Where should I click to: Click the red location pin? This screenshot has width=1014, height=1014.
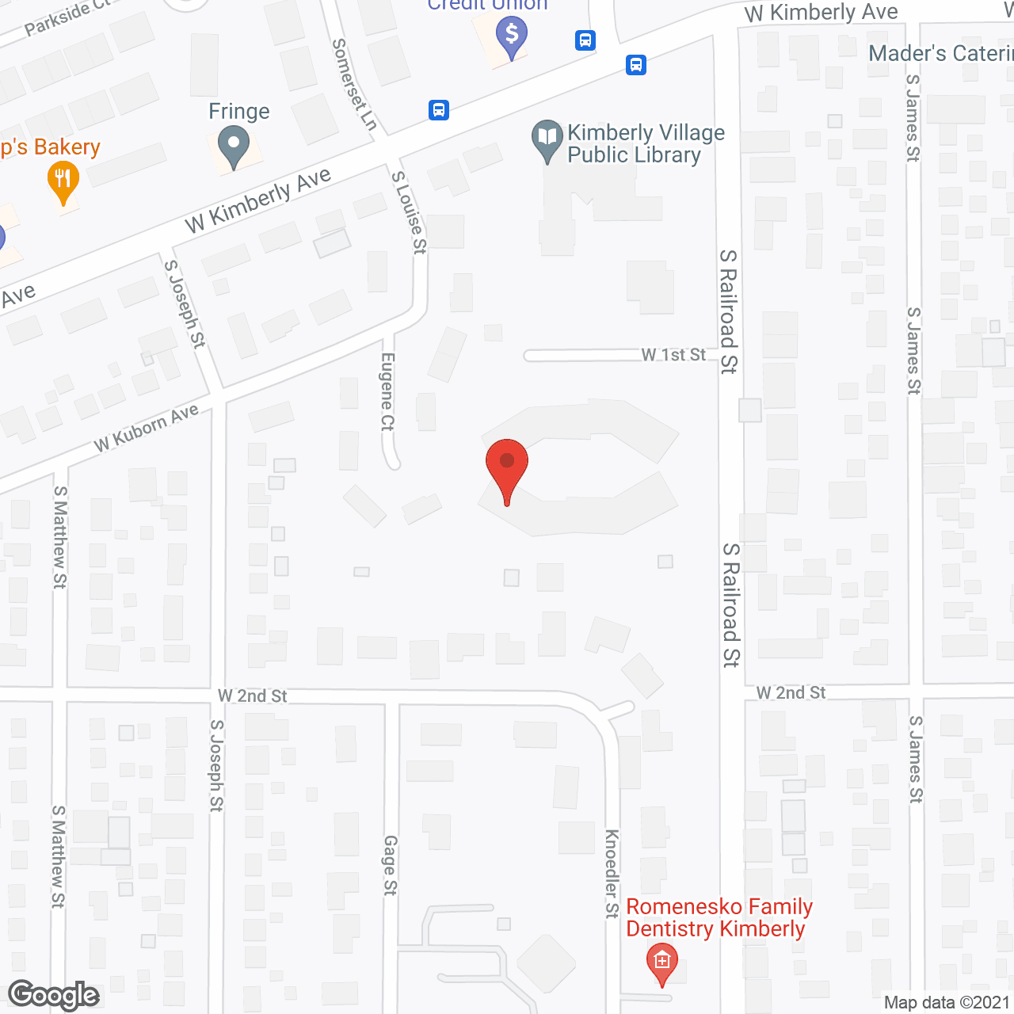pyautogui.click(x=507, y=467)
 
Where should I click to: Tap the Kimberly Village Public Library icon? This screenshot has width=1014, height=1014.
pyautogui.click(x=547, y=139)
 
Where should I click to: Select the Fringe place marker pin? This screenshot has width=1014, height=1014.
pyautogui.click(x=234, y=147)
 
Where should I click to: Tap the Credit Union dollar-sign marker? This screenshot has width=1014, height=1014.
pyautogui.click(x=512, y=36)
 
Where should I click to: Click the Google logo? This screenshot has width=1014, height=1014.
pyautogui.click(x=54, y=995)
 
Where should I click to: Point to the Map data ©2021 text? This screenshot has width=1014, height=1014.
pyautogui.click(x=947, y=1003)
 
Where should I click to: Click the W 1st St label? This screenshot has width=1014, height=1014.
pyautogui.click(x=673, y=354)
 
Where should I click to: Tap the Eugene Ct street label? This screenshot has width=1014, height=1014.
pyautogui.click(x=387, y=392)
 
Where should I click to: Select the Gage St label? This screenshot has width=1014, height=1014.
pyautogui.click(x=390, y=865)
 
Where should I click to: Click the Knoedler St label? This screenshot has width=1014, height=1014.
pyautogui.click(x=612, y=874)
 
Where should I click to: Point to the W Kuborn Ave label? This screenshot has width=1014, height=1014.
pyautogui.click(x=147, y=429)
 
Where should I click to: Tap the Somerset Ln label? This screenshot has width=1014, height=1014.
pyautogui.click(x=354, y=84)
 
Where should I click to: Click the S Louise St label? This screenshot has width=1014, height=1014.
pyautogui.click(x=410, y=212)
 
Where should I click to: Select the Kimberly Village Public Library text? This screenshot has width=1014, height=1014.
pyautogui.click(x=646, y=143)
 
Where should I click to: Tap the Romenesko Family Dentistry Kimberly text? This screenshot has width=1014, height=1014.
pyautogui.click(x=719, y=917)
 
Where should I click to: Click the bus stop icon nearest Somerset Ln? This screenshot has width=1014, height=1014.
pyautogui.click(x=439, y=109)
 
